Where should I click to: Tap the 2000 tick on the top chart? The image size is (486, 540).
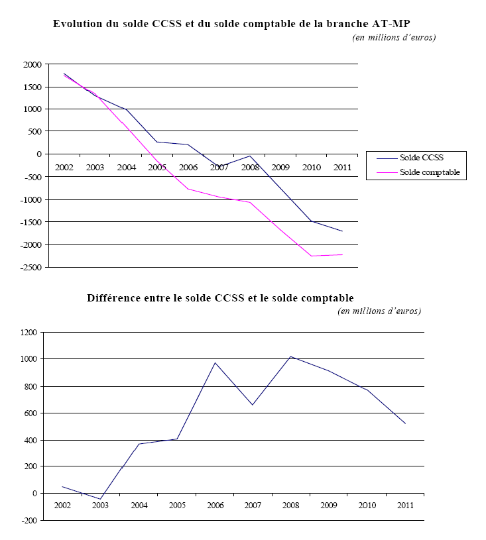[32, 64]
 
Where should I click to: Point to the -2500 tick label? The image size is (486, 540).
[30, 267]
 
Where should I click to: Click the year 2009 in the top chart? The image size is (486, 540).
[281, 167]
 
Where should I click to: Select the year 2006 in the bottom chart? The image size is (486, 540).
[215, 506]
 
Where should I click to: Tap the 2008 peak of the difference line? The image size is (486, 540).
[291, 356]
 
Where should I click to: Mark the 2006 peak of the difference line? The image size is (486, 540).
[215, 362]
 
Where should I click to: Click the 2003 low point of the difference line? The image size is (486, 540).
[101, 499]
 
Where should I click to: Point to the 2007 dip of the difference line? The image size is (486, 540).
[253, 405]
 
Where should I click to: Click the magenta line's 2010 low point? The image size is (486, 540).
[312, 256]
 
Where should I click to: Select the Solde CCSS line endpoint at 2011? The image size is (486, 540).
[342, 231]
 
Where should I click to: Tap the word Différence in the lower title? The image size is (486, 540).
[113, 297]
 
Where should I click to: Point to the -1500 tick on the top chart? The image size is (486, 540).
[30, 222]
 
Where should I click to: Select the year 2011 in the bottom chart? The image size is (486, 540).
[405, 506]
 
